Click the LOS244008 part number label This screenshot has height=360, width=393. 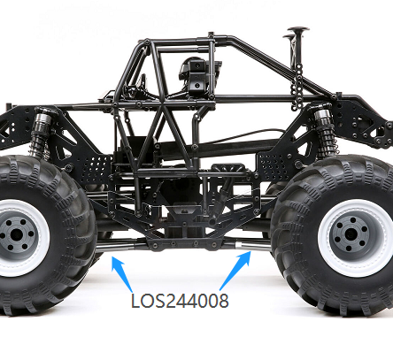pos(180,301)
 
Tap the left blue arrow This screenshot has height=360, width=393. pos(121,273)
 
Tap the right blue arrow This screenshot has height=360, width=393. pos(235,270)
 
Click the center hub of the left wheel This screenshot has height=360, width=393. pos(15,235)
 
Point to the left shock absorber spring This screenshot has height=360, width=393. pos(38,142)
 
